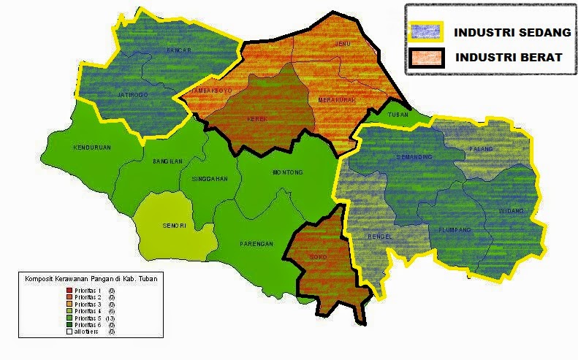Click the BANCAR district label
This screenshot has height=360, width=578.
pyautogui.click(x=178, y=50)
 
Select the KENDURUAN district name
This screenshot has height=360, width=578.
pyautogui.click(x=92, y=148)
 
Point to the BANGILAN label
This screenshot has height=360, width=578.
pyautogui.click(x=167, y=161)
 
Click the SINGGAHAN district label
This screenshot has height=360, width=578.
pyautogui.click(x=210, y=178)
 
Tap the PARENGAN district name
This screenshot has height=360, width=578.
pyautogui.click(x=257, y=244)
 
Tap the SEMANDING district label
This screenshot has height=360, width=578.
pyautogui.click(x=414, y=157)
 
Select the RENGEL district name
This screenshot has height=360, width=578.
pyautogui.click(x=381, y=236)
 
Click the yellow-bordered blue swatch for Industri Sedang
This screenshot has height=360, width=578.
pyautogui.click(x=424, y=32)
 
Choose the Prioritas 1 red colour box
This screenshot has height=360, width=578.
pyautogui.click(x=69, y=291)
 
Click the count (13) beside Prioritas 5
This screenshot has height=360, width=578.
pyautogui.click(x=111, y=318)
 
